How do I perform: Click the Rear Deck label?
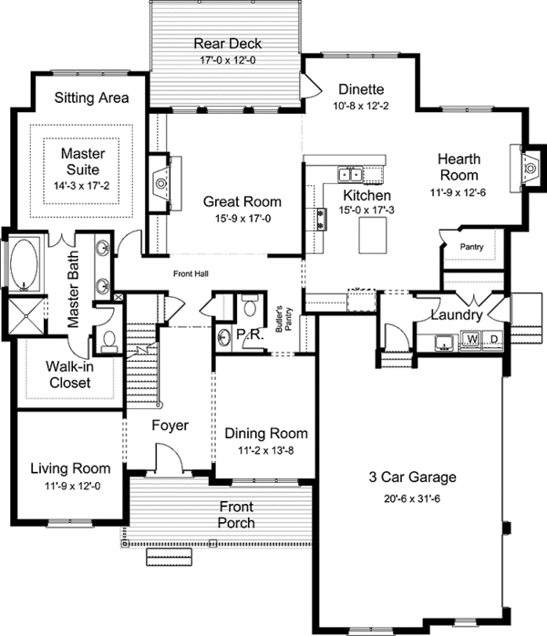(x=227, y=44)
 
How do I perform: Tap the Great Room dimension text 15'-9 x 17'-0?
(x=243, y=219)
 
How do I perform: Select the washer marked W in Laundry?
(x=471, y=338)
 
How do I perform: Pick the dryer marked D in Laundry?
(x=494, y=338)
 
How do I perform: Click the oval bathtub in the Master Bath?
(x=24, y=264)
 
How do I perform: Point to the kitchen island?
(x=373, y=235)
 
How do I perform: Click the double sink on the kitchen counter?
(x=350, y=175)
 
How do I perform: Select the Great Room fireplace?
(x=161, y=183)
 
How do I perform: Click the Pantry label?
(x=471, y=247)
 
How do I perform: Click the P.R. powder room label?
(x=250, y=335)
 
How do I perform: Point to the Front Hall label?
(x=191, y=273)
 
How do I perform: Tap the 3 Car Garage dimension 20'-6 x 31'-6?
(x=412, y=499)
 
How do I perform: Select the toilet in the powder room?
(x=249, y=305)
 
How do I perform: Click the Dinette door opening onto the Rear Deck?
(x=311, y=85)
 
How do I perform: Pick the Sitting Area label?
(x=92, y=97)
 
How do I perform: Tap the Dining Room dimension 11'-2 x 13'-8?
(x=266, y=451)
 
